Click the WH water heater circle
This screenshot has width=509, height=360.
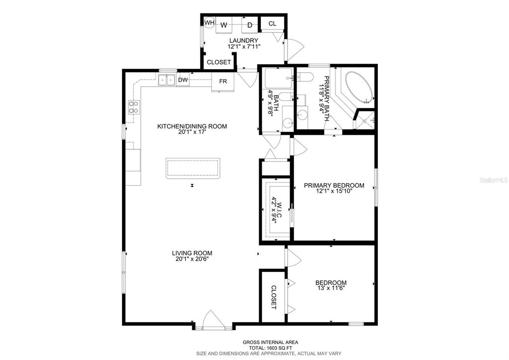pyautogui.click(x=209, y=22)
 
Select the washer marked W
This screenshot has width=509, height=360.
pyautogui.click(x=224, y=25)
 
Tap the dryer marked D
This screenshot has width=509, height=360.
pyautogui.click(x=249, y=25)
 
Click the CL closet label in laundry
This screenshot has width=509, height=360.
pyautogui.click(x=273, y=23)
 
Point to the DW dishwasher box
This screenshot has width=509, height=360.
pyautogui.click(x=183, y=80)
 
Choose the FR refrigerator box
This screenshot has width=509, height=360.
pyautogui.click(x=223, y=82)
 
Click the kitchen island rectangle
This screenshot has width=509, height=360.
pyautogui.click(x=193, y=168)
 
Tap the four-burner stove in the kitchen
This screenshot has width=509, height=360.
pyautogui.click(x=134, y=107)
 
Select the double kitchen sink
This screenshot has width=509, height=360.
pyautogui.click(x=167, y=80)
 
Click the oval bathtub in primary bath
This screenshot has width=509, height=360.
pyautogui.click(x=359, y=87)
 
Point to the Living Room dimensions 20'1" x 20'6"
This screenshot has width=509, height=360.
pyautogui.click(x=192, y=259)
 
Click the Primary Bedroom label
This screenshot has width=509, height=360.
pyautogui.click(x=334, y=186)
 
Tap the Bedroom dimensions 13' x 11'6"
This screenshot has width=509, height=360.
pyautogui.click(x=331, y=288)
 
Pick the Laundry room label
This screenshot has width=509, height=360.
pyautogui.click(x=244, y=41)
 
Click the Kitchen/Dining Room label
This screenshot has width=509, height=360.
pyautogui.click(x=192, y=126)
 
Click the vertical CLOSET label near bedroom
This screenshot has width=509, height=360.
pyautogui.click(x=273, y=297)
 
